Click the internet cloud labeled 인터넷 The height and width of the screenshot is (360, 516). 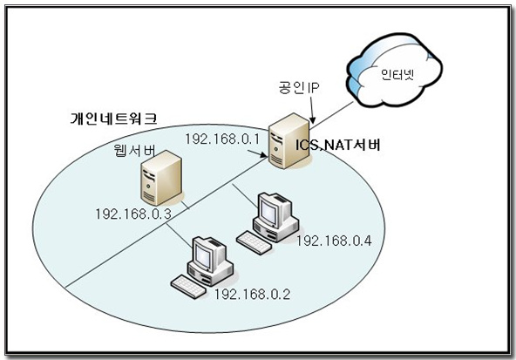[x=395, y=71]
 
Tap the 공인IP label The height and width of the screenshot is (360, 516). [x=299, y=87]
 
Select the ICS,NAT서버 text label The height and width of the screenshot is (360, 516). [x=338, y=145]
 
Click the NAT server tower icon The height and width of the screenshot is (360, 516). [x=289, y=141]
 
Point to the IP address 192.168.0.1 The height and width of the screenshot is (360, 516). [x=222, y=139]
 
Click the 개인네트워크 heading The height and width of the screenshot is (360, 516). [x=113, y=119]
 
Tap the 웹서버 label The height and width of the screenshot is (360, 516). [x=135, y=150]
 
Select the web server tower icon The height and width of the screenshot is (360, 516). [x=161, y=178]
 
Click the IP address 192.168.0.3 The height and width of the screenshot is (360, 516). [x=133, y=214]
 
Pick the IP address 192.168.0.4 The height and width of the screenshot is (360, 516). [x=334, y=241]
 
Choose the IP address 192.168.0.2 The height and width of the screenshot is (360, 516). [x=253, y=294]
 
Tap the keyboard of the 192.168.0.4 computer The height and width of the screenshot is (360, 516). [x=254, y=242]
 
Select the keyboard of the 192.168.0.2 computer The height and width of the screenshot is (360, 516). [x=188, y=287]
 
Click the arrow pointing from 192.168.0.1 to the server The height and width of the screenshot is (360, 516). [x=257, y=153]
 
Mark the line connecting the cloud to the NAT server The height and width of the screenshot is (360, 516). [x=332, y=112]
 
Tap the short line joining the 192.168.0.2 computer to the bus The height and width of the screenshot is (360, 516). [x=180, y=235]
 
